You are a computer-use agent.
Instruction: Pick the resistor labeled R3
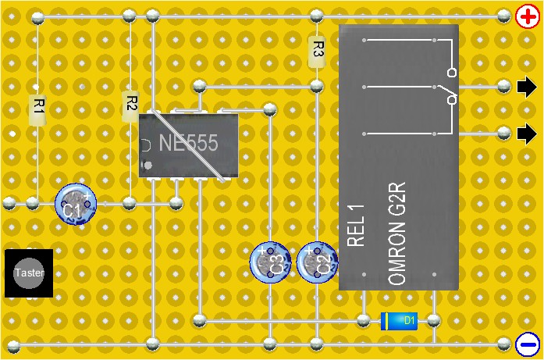point(317,52)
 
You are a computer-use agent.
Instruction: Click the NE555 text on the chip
point(188,144)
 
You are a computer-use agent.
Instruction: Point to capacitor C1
point(76,205)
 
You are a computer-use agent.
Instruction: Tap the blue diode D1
point(399,320)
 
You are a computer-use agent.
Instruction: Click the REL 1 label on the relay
point(356,226)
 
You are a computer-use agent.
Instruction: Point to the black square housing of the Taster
point(29,273)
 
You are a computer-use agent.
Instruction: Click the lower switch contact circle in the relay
point(452,100)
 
